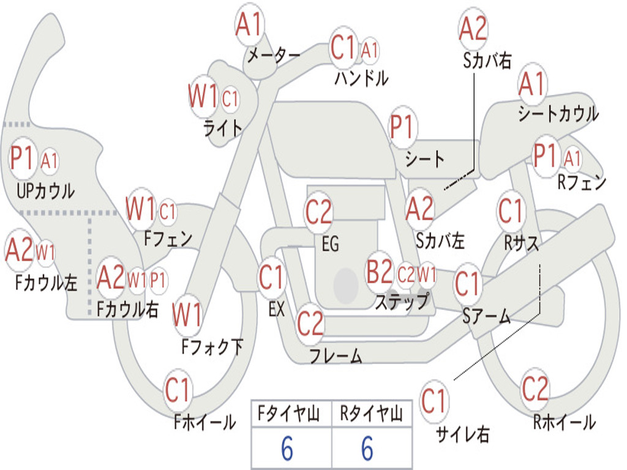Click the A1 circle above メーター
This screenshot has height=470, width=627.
tap(249, 25)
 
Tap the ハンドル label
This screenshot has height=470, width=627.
tap(361, 78)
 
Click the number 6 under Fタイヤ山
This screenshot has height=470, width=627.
tap(287, 449)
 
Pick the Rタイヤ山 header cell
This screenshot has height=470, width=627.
tap(371, 415)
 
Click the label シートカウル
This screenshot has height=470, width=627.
tap(558, 114)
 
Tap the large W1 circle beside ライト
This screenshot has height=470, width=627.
tap(203, 97)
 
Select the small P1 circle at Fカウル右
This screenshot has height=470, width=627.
tap(158, 280)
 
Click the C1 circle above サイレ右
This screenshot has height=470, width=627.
tap(434, 401)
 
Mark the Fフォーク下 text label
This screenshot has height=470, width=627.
tap(212, 348)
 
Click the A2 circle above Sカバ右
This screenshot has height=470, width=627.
tap(473, 28)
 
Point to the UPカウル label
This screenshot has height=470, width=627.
tap(45, 191)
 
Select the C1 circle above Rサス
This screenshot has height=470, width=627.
tap(511, 212)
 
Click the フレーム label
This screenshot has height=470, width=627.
tap(336, 355)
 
